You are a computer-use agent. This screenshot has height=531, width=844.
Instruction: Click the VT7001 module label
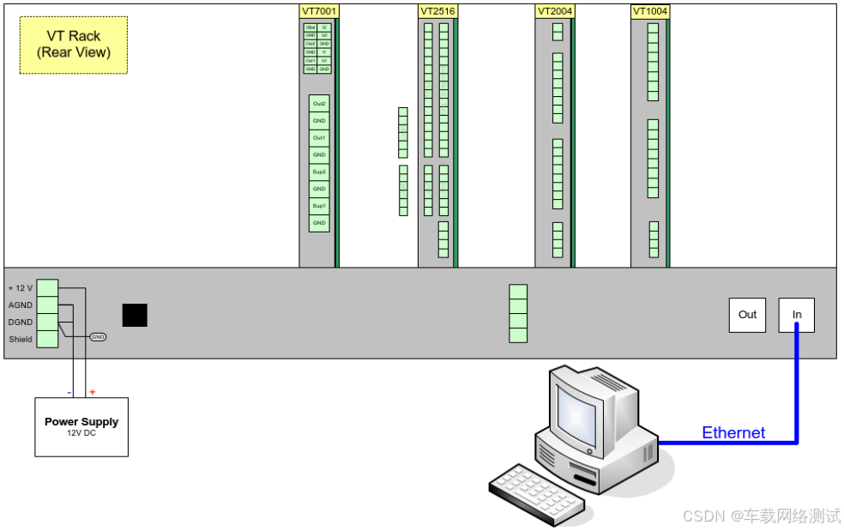(x=319, y=11)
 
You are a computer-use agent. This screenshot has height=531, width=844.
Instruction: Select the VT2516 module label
(x=437, y=11)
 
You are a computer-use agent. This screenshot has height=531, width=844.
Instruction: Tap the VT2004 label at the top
(x=555, y=11)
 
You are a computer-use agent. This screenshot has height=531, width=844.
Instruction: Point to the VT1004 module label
(x=650, y=11)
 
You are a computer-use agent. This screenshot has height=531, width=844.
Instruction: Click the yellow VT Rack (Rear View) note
(x=74, y=45)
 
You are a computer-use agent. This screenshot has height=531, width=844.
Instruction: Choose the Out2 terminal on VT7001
(x=319, y=104)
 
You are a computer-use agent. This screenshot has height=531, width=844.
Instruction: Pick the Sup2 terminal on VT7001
(x=319, y=172)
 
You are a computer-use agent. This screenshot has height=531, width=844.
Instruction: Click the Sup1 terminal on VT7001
(x=319, y=206)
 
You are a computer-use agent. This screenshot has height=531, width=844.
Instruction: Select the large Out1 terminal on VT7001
(x=319, y=138)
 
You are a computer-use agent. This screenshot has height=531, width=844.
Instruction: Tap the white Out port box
(x=747, y=315)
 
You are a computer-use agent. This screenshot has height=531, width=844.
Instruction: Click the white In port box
(x=797, y=315)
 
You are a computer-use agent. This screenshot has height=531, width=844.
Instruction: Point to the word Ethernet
(x=733, y=432)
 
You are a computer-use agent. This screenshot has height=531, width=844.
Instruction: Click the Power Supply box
(x=81, y=426)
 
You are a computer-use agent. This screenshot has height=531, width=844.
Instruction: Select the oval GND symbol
(x=98, y=337)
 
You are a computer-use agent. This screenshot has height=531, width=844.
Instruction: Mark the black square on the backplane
(x=135, y=316)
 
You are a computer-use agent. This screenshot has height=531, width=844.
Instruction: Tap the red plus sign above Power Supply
(x=93, y=392)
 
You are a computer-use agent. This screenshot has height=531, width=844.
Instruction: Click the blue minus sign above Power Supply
(x=69, y=392)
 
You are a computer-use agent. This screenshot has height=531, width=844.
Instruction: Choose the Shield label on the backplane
(x=21, y=339)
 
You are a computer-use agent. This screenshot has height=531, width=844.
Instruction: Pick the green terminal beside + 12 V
(x=48, y=288)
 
